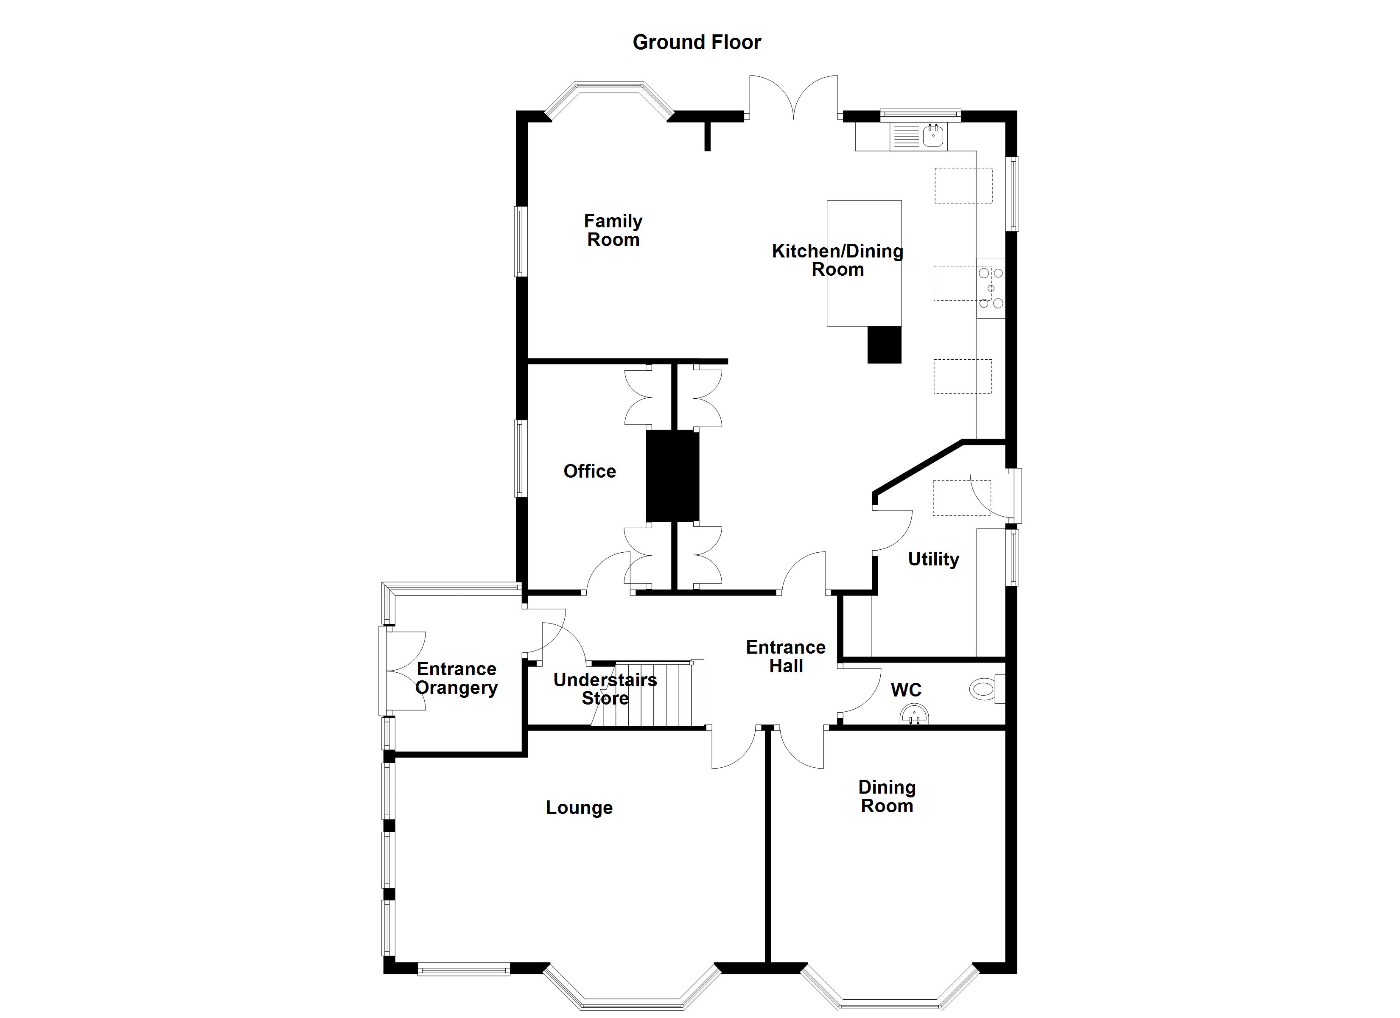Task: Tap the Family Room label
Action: pos(613,230)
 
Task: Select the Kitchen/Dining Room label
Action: pos(837,260)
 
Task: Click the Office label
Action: pos(590,471)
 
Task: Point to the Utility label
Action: pos(933,559)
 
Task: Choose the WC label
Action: pos(906,690)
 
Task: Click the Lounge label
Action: pos(579,808)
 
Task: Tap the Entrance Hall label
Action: pos(786,656)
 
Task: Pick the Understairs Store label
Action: pos(605,689)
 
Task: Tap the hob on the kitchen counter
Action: pos(991,288)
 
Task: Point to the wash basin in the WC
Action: pos(914,716)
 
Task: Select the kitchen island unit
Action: pos(864,263)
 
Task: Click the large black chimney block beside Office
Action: pos(673,476)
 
